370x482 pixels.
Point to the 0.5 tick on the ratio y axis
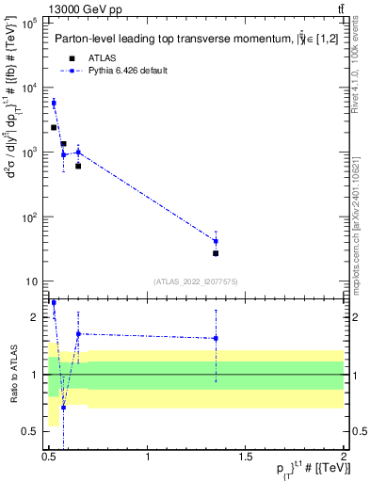(x=31, y=431)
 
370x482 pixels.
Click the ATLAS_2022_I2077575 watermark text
(x=195, y=281)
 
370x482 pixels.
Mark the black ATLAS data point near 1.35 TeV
(x=216, y=253)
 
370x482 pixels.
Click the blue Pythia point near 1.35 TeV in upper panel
(x=216, y=241)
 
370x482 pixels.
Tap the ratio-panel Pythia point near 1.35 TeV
(x=216, y=338)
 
